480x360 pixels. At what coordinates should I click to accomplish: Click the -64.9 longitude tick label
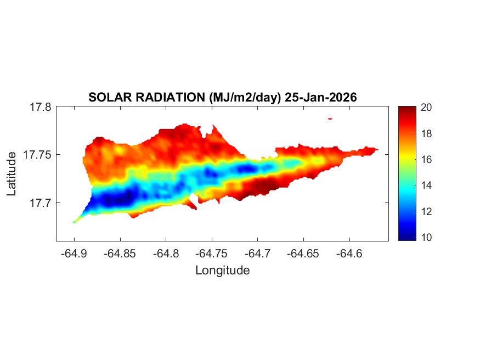[74, 254]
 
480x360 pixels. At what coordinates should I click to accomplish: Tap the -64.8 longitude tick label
[166, 254]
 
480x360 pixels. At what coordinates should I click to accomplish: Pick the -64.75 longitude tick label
[212, 254]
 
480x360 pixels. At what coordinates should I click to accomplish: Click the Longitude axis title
[222, 270]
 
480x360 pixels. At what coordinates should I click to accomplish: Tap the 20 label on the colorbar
[425, 108]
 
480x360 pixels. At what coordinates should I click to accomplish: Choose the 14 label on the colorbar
[425, 185]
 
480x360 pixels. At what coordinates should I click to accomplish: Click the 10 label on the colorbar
[425, 237]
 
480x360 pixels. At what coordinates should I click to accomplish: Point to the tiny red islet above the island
[330, 118]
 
